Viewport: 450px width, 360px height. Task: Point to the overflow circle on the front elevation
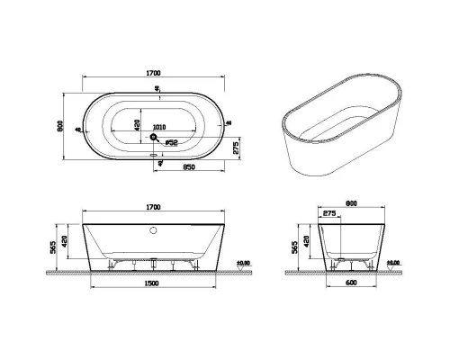tap(154, 229)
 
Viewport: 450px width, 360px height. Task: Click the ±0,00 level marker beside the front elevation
tap(242, 263)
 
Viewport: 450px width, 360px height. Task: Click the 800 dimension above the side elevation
tap(352, 203)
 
